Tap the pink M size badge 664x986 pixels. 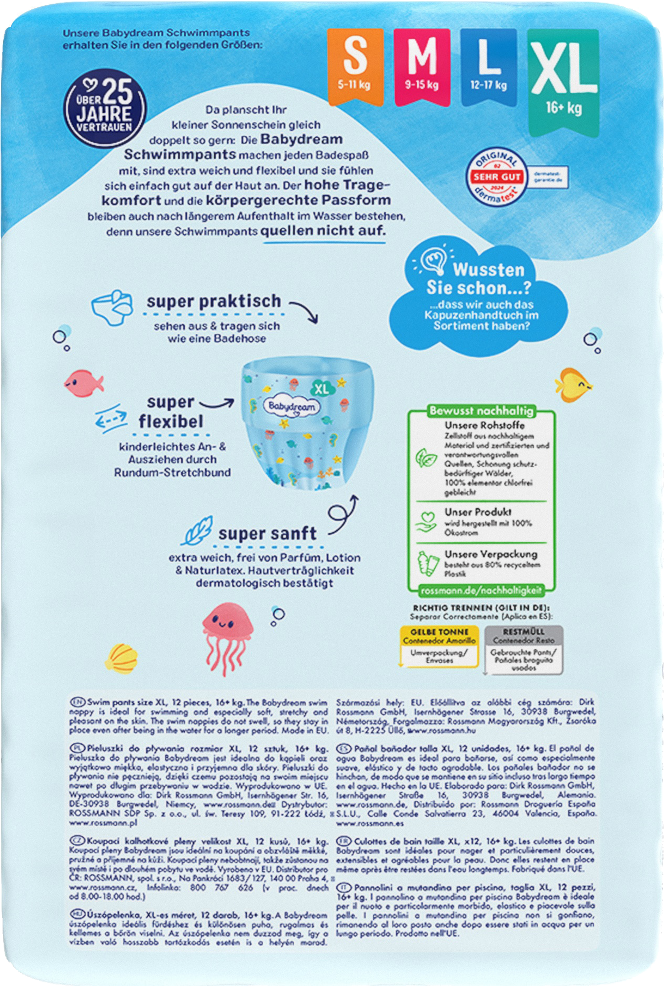pyautogui.click(x=421, y=66)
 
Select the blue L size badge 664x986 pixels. pyautogui.click(x=488, y=66)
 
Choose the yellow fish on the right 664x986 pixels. pyautogui.click(x=573, y=384)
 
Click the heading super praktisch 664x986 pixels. pyautogui.click(x=214, y=301)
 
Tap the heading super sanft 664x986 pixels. pyautogui.click(x=267, y=533)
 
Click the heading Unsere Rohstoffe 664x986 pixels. pyautogui.click(x=484, y=425)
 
